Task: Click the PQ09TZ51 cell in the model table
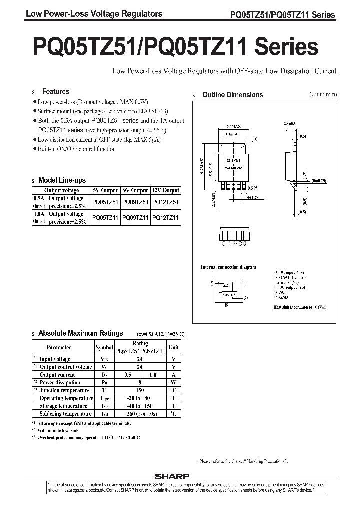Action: point(135,201)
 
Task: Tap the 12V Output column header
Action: point(165,190)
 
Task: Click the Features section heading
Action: point(55,92)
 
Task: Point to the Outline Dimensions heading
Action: point(232,95)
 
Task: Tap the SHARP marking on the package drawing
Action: point(234,168)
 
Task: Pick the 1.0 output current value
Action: point(153,375)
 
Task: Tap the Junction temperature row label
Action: point(65,390)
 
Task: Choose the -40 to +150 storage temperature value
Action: point(140,406)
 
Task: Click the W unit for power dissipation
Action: point(173,382)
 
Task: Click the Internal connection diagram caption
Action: point(228,267)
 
